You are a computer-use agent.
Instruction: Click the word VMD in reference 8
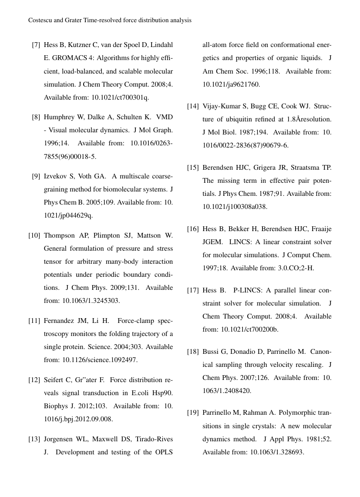164,117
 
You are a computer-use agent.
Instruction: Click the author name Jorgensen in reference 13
59,439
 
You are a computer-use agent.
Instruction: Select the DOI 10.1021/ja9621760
231,84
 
